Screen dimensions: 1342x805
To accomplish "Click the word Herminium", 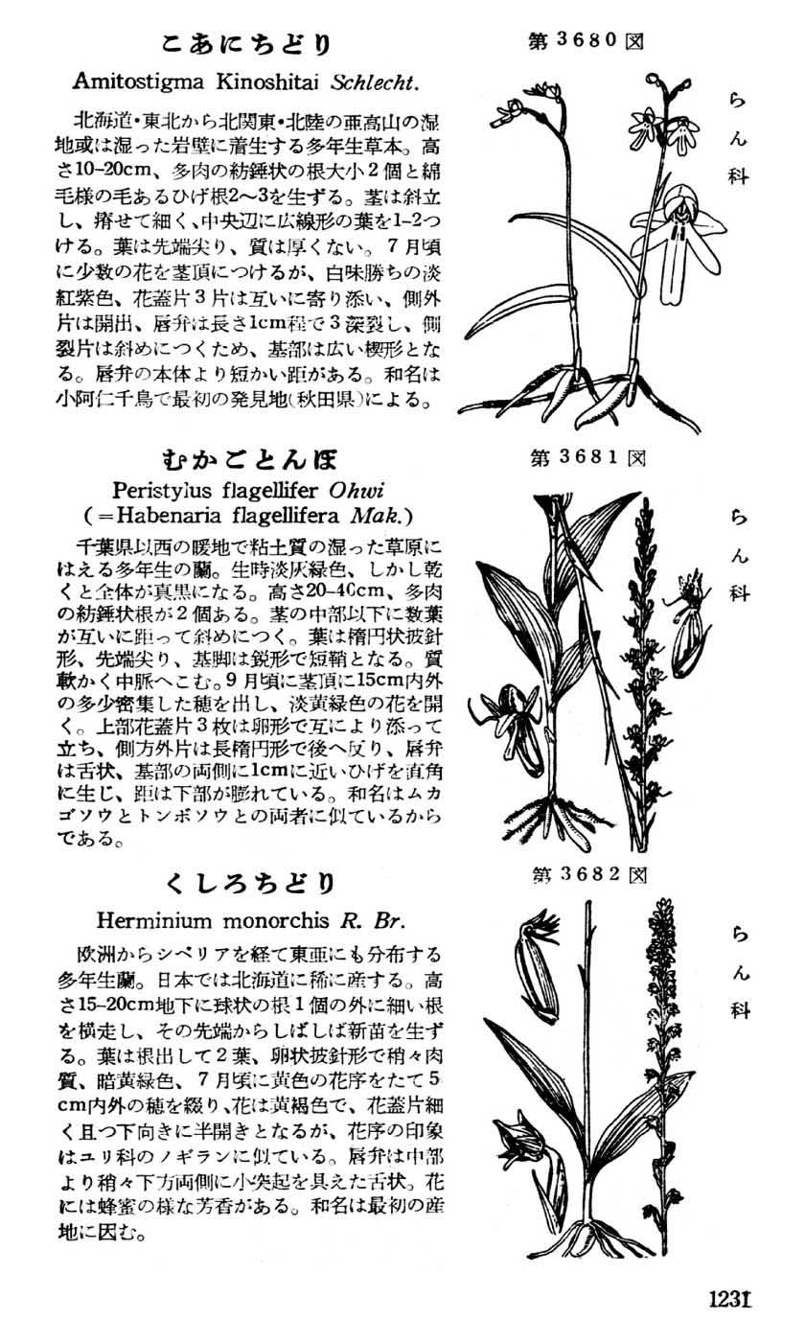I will point(156,920).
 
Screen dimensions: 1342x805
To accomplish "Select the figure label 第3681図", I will point(587,457).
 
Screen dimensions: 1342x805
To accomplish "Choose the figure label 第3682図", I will point(587,873).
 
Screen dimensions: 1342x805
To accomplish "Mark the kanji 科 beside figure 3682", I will point(738,1009).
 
